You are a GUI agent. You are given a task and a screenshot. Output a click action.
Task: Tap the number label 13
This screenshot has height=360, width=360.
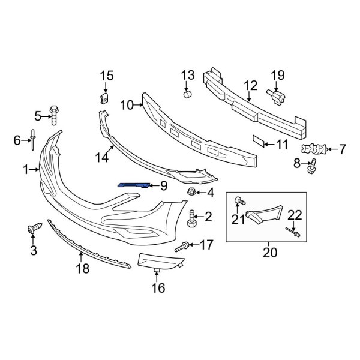[x=188, y=75]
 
